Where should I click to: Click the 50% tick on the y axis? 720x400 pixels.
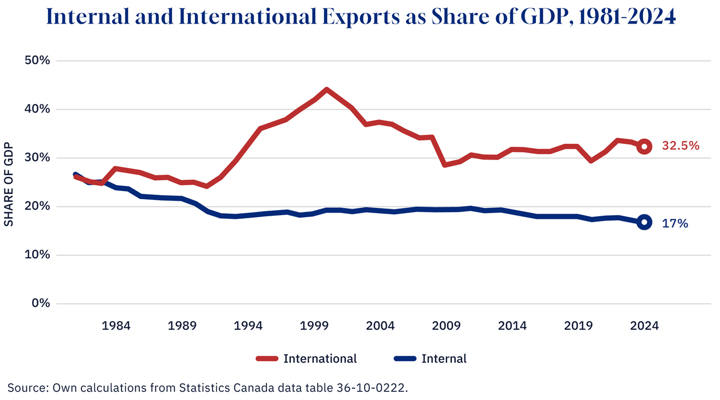[x=38, y=61]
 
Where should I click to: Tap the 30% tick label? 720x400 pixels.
[x=38, y=158]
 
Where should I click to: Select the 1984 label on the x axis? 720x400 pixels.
[x=116, y=326]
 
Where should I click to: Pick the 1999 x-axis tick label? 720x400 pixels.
[x=314, y=326]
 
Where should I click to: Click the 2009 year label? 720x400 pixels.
[x=446, y=326]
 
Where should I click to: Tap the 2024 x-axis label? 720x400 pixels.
[x=644, y=326]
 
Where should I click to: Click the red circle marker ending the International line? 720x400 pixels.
[x=644, y=147]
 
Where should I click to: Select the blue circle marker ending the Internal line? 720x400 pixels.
[x=644, y=222]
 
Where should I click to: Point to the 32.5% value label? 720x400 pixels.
[x=680, y=146]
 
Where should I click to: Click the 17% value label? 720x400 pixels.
[x=675, y=223]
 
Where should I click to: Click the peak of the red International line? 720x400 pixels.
[x=327, y=90]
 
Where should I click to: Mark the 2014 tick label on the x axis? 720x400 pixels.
[x=512, y=326]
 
